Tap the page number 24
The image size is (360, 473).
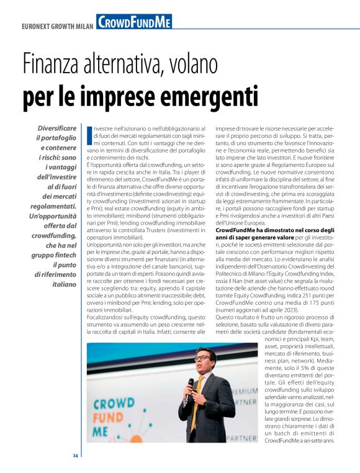click(x=75, y=456)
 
